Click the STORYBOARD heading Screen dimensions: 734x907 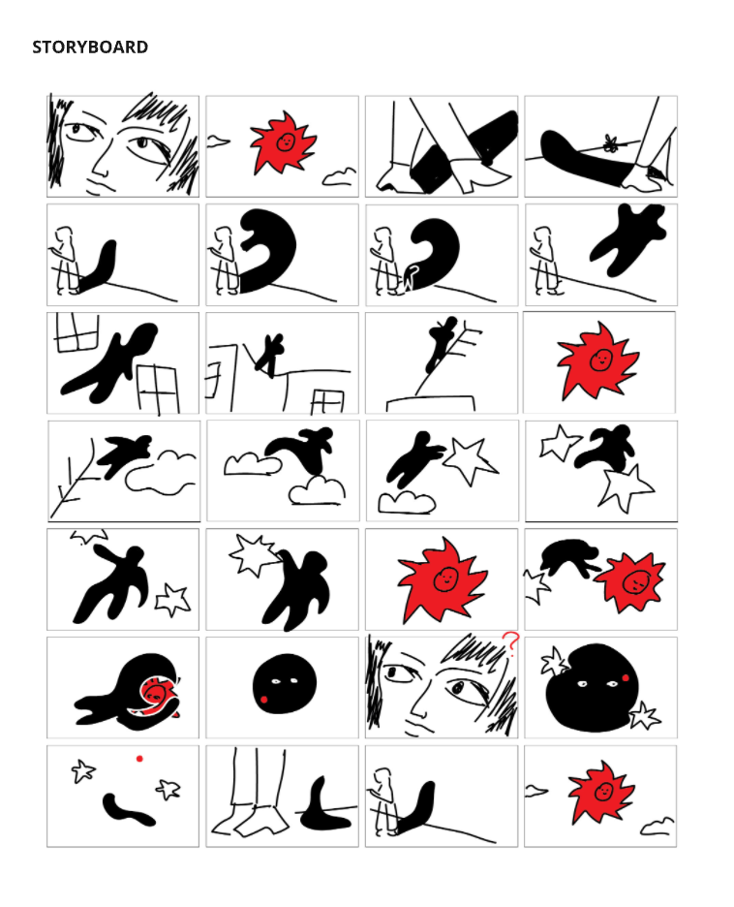coord(90,47)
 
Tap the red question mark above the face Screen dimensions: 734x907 coord(510,642)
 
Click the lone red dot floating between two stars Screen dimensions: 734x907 coord(139,759)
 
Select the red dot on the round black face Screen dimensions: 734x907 coord(263,700)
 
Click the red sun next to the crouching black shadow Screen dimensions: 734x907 coord(630,581)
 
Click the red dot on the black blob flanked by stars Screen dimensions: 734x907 coord(625,677)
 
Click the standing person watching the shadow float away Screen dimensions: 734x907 coord(545,261)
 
